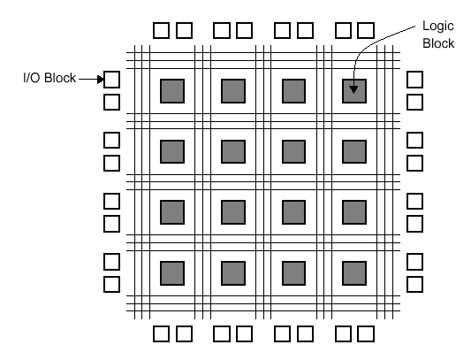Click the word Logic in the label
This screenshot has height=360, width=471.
point(438,27)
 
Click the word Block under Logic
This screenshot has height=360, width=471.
point(438,43)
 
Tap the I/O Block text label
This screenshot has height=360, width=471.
point(49,78)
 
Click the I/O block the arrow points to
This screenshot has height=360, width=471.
point(111,80)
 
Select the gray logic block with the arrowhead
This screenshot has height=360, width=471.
point(354,91)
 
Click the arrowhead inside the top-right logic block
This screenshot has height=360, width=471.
point(353,89)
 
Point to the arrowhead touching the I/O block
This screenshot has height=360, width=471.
point(101,80)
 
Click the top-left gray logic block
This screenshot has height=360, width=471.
point(172,91)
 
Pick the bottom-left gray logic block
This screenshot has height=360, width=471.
point(172,273)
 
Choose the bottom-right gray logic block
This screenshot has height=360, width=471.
point(354,273)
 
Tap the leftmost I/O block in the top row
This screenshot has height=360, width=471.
point(162,30)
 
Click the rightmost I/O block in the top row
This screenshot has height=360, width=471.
point(367,30)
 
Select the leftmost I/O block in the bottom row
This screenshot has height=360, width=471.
point(162,333)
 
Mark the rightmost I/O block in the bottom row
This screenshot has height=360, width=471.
point(367,333)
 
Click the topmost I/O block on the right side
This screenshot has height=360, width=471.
point(414,80)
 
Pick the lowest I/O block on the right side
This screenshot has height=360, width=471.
point(414,285)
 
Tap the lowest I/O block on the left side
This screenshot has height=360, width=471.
point(111,285)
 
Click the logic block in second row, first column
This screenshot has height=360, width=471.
point(172,152)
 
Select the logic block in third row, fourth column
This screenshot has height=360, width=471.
point(354,212)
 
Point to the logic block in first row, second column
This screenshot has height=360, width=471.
point(233,91)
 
